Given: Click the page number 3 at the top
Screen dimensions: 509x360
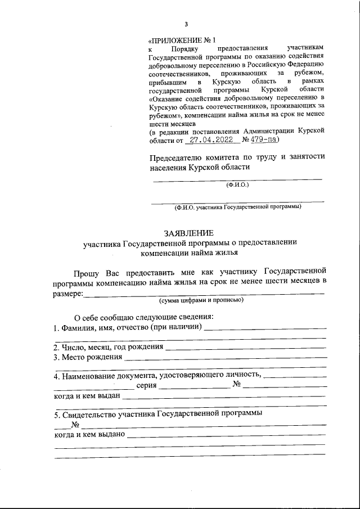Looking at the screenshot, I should [185, 24].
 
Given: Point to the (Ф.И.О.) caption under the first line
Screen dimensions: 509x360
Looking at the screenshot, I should [237, 184].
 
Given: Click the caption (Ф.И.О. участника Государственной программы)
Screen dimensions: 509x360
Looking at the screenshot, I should [237, 206].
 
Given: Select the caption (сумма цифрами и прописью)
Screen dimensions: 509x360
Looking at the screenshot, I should [201, 300].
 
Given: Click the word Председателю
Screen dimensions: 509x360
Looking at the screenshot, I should [178, 157].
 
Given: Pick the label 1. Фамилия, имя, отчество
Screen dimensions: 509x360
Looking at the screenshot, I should [127, 327].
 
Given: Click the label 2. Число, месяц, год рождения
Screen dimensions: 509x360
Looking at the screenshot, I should [108, 347].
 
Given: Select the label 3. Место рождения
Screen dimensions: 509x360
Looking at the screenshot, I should [88, 357].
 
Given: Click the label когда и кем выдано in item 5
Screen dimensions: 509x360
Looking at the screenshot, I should [89, 435].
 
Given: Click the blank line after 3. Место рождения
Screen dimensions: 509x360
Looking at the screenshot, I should [225, 358].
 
